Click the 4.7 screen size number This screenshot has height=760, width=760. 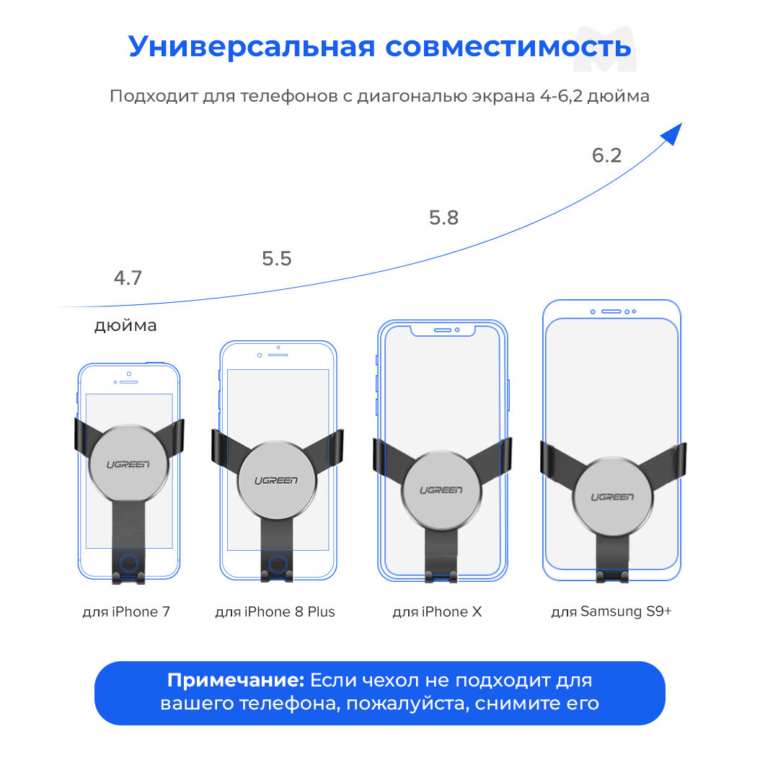click(128, 278)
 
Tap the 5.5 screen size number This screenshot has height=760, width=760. click(277, 259)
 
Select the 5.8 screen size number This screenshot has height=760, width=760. click(443, 218)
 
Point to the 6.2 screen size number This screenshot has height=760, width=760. click(606, 156)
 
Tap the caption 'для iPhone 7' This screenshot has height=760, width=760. click(127, 612)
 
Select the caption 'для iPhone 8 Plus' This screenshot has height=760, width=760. click(275, 612)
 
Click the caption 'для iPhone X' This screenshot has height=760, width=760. click(437, 612)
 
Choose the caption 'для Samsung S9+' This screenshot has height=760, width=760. click(611, 612)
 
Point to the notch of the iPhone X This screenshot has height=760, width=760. click(443, 330)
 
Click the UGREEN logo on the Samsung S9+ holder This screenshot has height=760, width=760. click(613, 497)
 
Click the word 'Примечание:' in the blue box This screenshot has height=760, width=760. click(237, 680)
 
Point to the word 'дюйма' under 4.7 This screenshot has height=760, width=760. click(125, 326)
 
